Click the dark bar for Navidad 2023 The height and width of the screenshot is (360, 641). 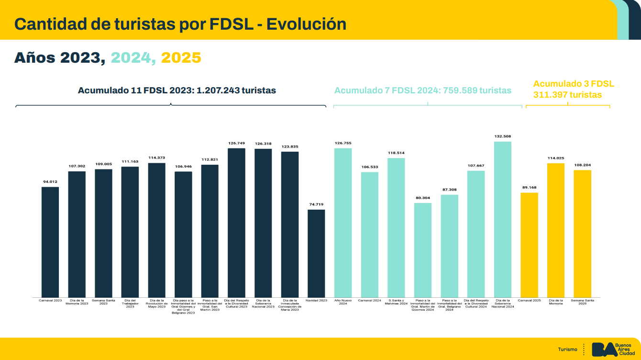tap(316, 253)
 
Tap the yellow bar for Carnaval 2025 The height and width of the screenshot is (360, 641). tap(529, 245)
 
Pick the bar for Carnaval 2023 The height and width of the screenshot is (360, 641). tap(50, 242)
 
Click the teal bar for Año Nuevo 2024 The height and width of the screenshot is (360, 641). tap(343, 223)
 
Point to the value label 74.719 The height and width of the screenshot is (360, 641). tap(316, 204)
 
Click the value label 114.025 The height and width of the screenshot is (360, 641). tap(556, 158)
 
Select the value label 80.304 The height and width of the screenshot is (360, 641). tap(423, 198)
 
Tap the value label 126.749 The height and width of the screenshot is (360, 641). tap(236, 143)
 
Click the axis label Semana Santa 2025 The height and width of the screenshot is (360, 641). tap(582, 302)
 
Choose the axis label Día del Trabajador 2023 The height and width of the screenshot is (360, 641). tap(130, 304)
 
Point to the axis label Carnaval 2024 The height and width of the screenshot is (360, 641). tap(369, 301)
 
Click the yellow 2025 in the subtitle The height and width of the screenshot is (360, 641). tap(181, 58)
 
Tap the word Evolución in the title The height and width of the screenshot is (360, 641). tap(306, 23)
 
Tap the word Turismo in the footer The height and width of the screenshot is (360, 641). tap(568, 349)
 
